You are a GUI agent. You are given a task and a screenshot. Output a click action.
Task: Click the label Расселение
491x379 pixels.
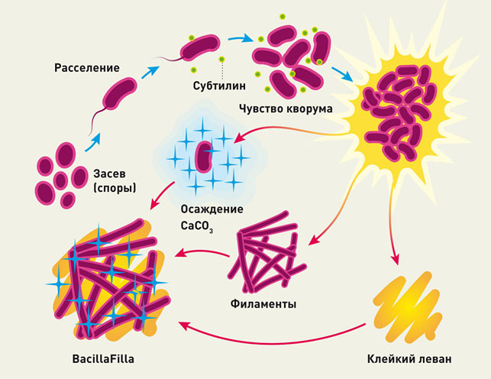point(86,68)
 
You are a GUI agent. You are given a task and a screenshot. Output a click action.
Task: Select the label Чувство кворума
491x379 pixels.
point(286,108)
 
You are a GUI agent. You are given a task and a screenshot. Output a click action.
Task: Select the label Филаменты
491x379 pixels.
point(263,304)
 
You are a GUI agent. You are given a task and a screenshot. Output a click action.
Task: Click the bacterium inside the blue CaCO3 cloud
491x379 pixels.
point(204,156)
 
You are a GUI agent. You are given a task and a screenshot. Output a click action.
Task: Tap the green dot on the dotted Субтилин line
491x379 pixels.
point(222,60)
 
